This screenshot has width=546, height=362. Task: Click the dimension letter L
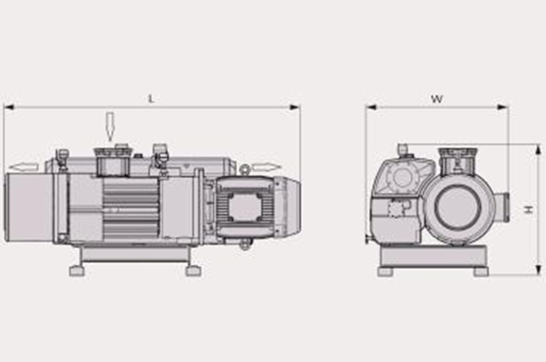click(151, 99)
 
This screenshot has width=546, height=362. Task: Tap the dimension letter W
click(437, 99)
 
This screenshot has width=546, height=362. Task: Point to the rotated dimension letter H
click(529, 210)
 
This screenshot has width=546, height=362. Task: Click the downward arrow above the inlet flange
click(110, 127)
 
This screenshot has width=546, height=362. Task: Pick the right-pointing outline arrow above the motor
click(267, 168)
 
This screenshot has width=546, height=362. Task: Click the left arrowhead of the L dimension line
click(8, 107)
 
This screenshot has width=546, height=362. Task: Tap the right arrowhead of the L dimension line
click(295, 107)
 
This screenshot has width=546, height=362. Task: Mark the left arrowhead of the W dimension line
click(371, 107)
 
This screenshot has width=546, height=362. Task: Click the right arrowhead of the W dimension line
click(503, 107)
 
